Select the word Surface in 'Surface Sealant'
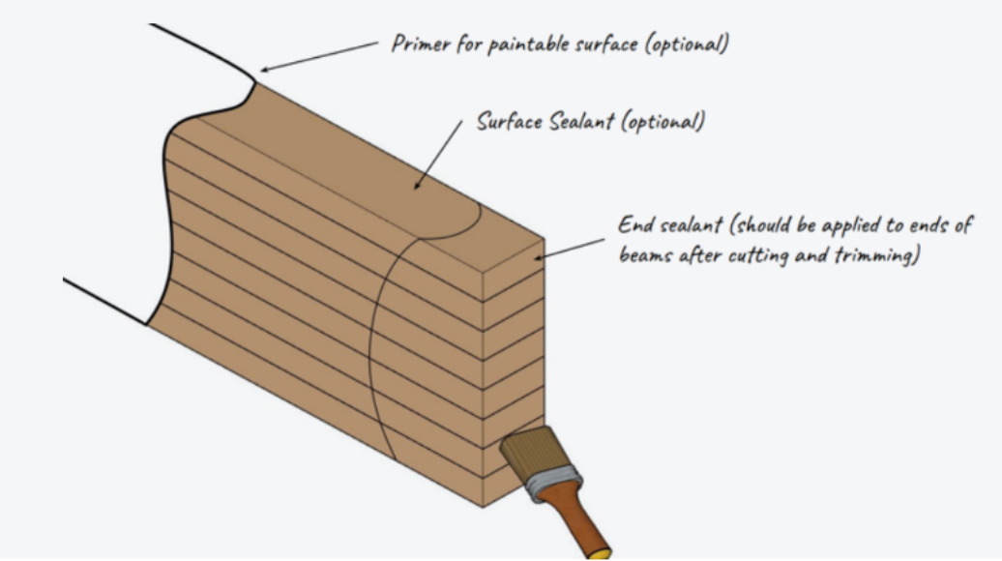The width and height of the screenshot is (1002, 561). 510,121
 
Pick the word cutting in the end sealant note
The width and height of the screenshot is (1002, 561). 751,255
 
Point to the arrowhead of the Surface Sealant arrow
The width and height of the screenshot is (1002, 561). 417,185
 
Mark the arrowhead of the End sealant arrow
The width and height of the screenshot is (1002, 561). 538,257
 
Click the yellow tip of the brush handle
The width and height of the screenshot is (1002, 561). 600,553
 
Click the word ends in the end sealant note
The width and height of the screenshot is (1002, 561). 928,225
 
